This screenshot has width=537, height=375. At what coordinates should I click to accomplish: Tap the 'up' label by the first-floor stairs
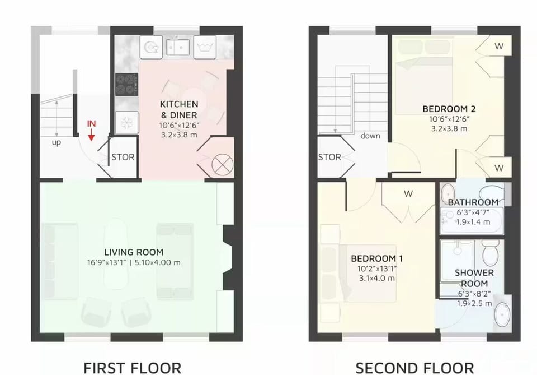tap(56, 142)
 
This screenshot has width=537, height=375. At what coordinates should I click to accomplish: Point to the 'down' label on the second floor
tap(370, 136)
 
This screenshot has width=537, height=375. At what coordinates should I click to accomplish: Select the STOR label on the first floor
tap(123, 157)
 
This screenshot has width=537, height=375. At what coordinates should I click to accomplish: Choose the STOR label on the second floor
tap(329, 157)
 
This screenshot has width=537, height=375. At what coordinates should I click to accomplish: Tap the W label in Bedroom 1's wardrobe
tap(409, 194)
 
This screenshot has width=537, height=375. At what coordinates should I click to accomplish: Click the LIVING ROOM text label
tap(134, 252)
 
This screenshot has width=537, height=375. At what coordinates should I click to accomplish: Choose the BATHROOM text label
tap(473, 202)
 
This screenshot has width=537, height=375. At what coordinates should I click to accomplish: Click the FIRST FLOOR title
tap(133, 368)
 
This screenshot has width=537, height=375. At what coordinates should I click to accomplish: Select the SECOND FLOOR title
tap(414, 368)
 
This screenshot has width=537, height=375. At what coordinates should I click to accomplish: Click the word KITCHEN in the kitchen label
tap(179, 104)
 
